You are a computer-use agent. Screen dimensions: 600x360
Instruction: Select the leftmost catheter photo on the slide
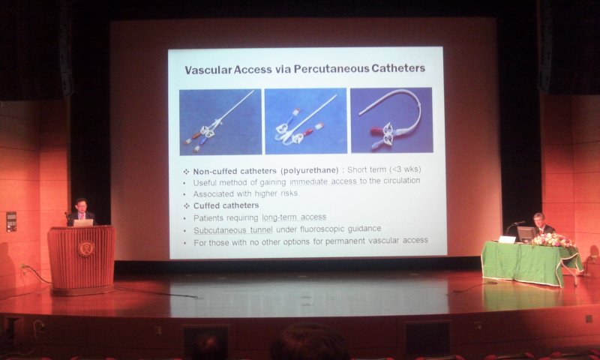220,121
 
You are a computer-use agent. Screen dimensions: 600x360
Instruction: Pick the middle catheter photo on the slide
306,121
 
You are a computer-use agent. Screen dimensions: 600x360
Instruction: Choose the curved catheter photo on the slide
391,120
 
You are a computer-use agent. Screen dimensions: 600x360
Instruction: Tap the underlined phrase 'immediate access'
323,181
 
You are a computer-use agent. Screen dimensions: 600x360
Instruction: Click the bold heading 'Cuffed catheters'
226,205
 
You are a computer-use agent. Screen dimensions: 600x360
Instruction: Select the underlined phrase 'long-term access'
294,217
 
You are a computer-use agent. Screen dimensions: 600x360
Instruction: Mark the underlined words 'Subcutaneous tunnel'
233,230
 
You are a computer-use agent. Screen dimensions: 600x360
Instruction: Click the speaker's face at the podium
81,205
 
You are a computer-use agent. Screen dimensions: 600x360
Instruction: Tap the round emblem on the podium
85,249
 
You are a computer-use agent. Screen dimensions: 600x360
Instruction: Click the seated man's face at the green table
539,220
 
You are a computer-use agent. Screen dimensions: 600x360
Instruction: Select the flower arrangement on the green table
553,241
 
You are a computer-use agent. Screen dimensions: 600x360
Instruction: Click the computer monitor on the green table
526,234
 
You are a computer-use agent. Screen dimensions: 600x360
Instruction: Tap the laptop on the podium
83,223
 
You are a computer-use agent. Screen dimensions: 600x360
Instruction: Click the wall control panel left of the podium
11,221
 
